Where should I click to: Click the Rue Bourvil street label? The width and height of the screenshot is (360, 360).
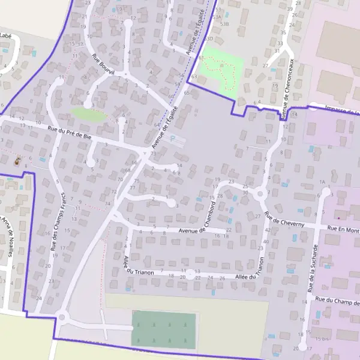click(x=103, y=65)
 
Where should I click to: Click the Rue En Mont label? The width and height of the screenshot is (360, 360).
click(x=343, y=229)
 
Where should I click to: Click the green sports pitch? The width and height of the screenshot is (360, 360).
click(x=164, y=329)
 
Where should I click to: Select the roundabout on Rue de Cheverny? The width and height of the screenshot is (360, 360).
click(x=260, y=194)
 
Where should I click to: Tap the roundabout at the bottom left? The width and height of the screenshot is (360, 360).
click(x=61, y=316)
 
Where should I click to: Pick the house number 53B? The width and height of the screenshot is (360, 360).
click(x=225, y=23)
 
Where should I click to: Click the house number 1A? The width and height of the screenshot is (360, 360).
click(x=322, y=182)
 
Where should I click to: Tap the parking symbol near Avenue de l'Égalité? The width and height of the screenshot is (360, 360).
click(x=173, y=139)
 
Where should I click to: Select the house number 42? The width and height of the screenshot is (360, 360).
click(x=268, y=230)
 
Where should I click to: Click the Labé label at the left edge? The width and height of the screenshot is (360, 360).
click(x=6, y=35)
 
